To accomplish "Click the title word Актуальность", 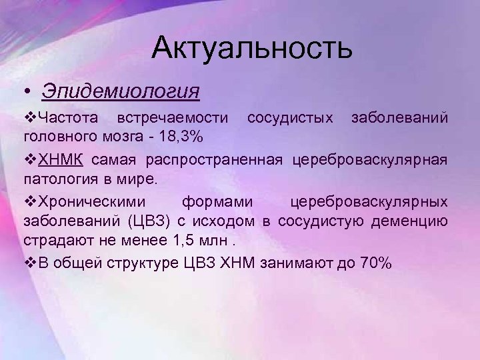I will point(251,49).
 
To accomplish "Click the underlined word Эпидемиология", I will point(120,90).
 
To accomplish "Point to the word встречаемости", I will point(172,119).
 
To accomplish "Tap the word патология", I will point(55,180).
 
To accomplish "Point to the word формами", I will point(217,201).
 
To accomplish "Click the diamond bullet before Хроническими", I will point(29,201).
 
